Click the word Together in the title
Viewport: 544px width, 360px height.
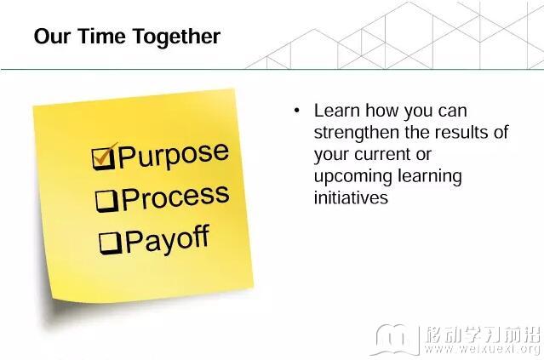pos(176,37)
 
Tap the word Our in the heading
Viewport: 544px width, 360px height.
pos(52,36)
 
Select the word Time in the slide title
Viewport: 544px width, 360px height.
pos(101,36)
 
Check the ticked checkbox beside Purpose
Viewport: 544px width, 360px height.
pos(103,157)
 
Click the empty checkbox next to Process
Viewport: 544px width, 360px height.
pos(107,201)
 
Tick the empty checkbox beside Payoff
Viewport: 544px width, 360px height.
pos(111,243)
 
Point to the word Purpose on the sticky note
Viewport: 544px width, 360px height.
pos(174,155)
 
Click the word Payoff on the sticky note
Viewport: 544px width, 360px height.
pos(168,240)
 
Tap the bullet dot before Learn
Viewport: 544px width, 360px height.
pos(296,111)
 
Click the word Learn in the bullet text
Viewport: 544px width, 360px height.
pos(336,111)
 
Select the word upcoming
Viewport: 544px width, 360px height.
pos(353,177)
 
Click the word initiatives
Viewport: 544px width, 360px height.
pos(351,197)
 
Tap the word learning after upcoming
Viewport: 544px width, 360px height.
pos(430,176)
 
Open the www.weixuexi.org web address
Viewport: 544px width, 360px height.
pos(482,349)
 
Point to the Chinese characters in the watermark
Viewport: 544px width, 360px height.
pos(483,334)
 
